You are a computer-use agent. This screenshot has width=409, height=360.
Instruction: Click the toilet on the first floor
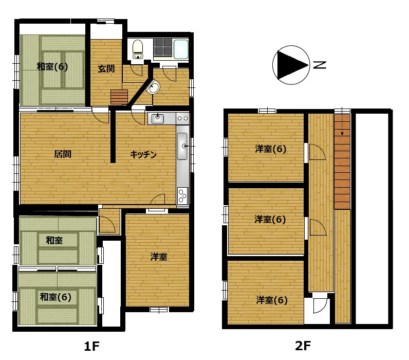[138, 49]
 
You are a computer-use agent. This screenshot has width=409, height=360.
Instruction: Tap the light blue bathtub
[181, 49]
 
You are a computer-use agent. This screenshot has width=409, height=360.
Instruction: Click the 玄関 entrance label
[106, 69]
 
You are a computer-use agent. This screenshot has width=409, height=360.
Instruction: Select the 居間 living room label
[63, 154]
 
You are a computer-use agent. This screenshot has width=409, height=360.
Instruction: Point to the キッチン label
[143, 155]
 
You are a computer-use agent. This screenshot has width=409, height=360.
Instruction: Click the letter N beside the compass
[320, 65]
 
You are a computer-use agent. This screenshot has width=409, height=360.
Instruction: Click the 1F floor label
[92, 346]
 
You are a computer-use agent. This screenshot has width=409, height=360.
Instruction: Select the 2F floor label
[303, 346]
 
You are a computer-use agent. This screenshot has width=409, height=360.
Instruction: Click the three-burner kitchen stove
[182, 196]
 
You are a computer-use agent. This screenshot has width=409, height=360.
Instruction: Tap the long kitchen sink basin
[182, 146]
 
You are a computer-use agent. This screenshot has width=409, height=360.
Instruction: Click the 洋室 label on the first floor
[159, 257]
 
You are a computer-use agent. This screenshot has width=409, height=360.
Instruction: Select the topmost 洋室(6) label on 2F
[270, 149]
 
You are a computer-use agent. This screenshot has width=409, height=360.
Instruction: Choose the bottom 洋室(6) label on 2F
[271, 300]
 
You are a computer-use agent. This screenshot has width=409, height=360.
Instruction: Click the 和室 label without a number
[54, 240]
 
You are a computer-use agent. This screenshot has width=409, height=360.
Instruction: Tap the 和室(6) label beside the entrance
[52, 66]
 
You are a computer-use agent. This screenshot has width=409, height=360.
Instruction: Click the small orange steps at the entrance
[119, 97]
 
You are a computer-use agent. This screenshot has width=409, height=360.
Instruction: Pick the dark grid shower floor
[162, 47]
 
